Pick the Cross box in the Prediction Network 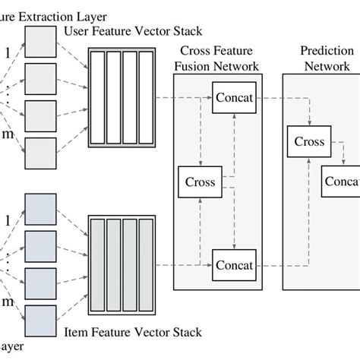pos(309,142)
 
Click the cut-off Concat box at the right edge pos(340,181)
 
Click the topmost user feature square pos(40,41)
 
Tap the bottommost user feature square pos(40,152)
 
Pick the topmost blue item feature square pos(40,209)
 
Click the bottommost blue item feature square pos(40,320)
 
